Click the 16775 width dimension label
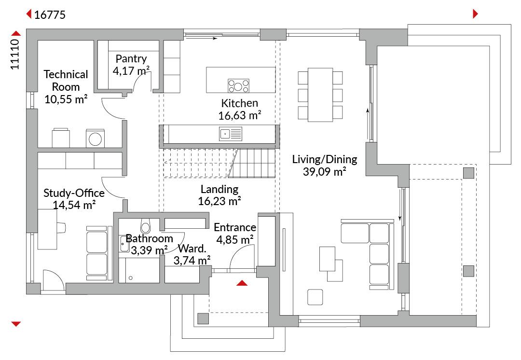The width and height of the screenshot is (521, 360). click(50, 15)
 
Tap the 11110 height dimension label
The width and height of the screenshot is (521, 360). click(15, 54)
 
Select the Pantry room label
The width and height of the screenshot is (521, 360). click(131, 59)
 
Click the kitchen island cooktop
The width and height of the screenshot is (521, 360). click(238, 86)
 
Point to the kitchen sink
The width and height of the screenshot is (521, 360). click(230, 134)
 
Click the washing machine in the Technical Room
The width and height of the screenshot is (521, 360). click(96, 138)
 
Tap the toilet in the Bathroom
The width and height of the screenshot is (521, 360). click(145, 226)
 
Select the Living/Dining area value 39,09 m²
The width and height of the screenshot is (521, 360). click(325, 171)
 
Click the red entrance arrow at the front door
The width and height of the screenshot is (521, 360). click(242, 283)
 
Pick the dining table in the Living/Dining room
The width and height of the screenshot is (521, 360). click(320, 95)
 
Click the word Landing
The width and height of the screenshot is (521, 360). click(219, 189)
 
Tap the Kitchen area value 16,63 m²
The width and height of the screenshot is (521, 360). click(240, 116)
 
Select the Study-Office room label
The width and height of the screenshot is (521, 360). click(74, 193)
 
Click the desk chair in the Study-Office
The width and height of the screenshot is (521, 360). click(61, 227)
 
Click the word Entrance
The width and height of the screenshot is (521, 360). click(234, 227)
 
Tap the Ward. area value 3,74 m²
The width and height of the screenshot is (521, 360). click(192, 260)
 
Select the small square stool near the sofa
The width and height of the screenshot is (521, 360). click(315, 297)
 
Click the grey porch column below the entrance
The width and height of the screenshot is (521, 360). click(203, 318)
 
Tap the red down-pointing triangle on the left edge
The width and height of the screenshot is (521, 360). click(15, 324)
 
